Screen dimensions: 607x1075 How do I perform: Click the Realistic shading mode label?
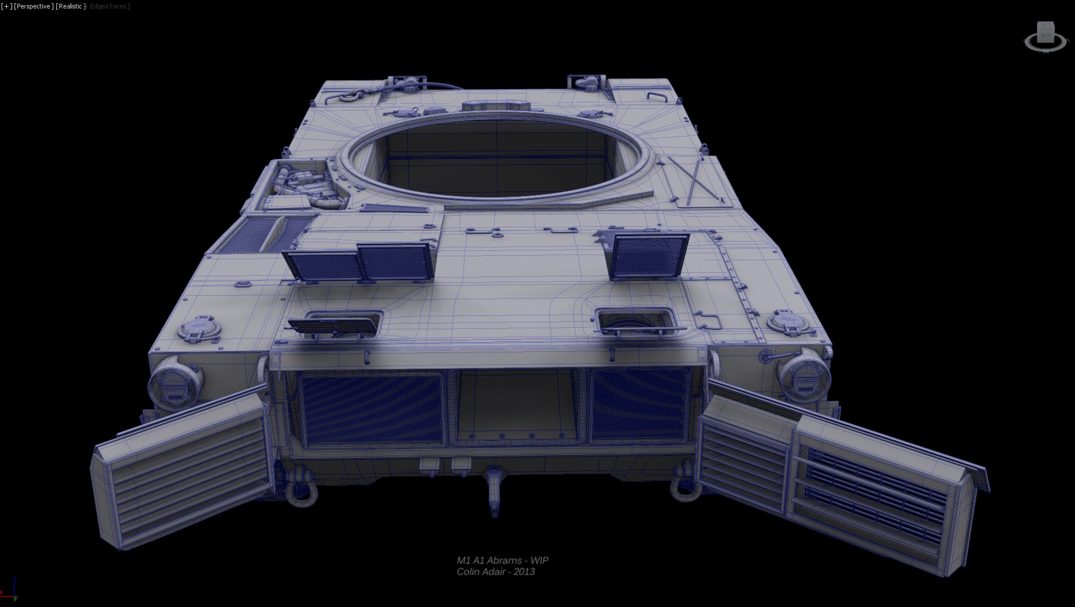[x=71, y=6]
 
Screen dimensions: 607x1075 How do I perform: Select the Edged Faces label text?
[x=109, y=6]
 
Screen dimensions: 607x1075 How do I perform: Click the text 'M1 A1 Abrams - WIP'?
[x=502, y=560]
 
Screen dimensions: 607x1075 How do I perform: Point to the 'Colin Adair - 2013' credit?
[x=495, y=572]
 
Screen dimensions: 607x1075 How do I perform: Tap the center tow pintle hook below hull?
[x=495, y=489]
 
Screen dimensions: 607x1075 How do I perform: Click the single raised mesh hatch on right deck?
[x=649, y=256]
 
